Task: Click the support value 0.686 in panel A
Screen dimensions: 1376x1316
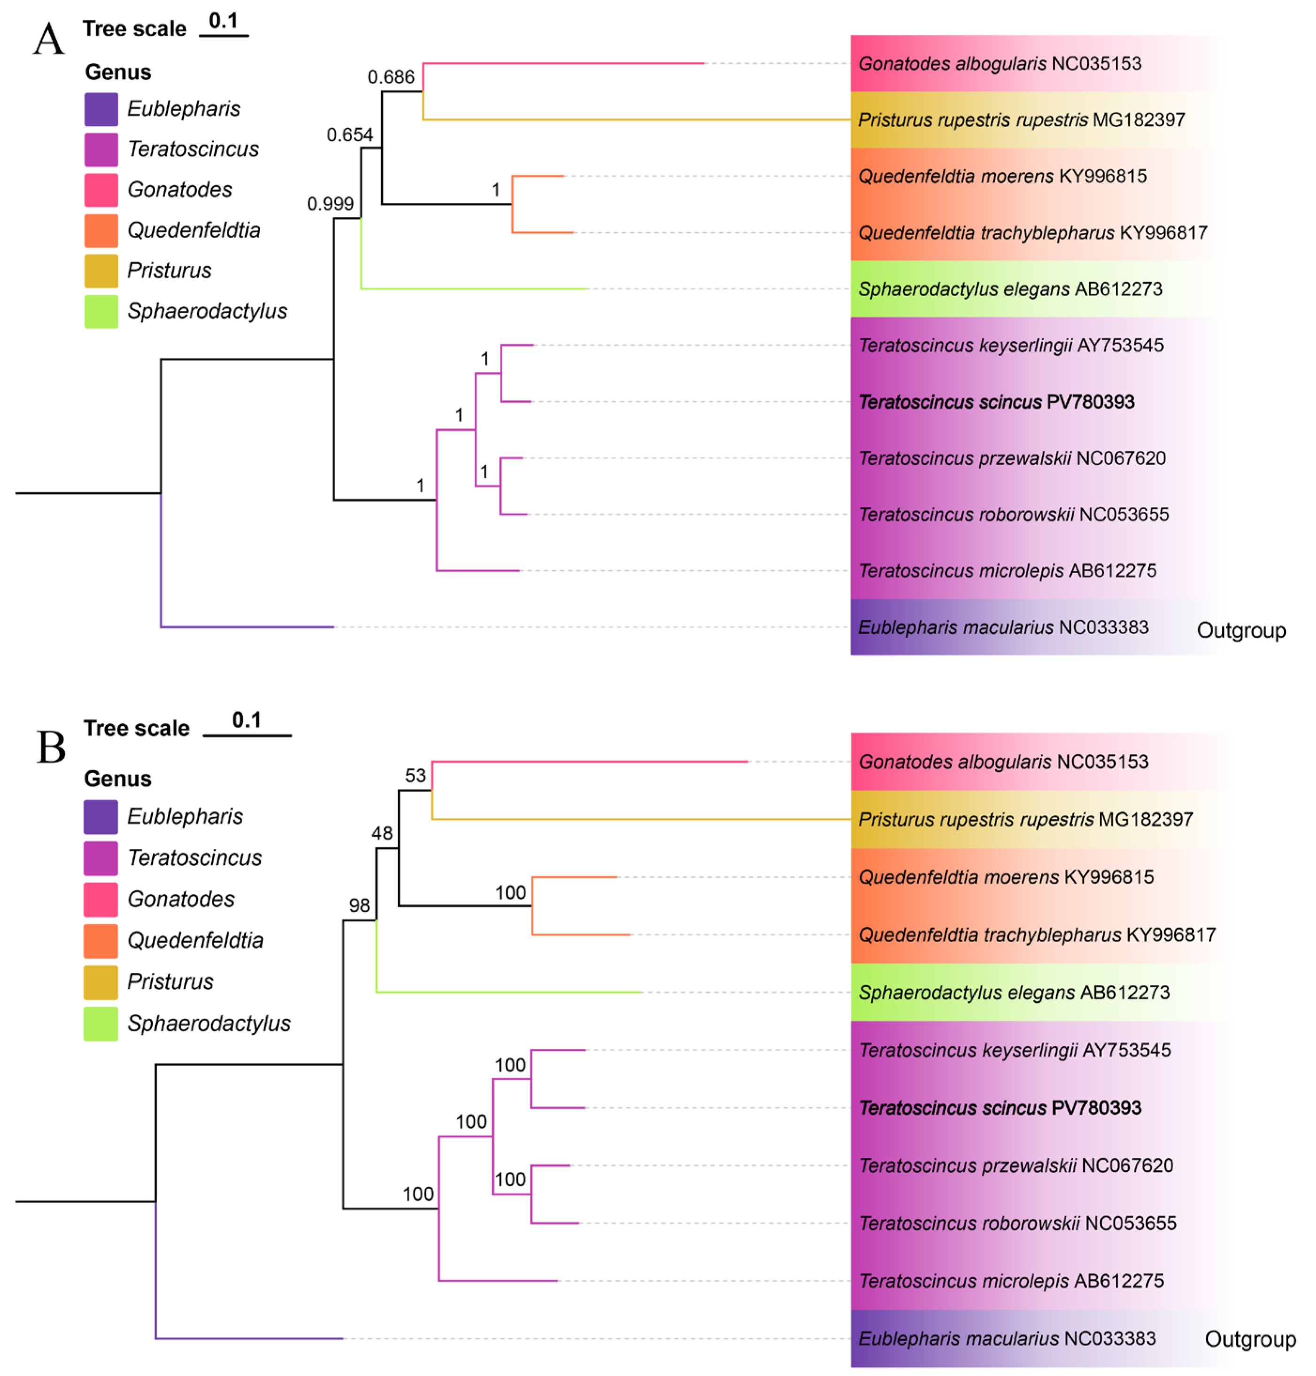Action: [391, 77]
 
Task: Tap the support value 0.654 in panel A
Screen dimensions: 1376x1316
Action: [349, 135]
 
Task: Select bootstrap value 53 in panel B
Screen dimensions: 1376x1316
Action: [416, 776]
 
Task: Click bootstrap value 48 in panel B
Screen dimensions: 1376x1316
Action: [382, 833]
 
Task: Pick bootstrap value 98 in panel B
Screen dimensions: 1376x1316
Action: [359, 906]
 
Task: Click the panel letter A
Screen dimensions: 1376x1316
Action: [48, 39]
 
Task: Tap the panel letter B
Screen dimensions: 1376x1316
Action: [51, 747]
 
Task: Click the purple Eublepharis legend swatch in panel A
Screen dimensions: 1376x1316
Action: [101, 109]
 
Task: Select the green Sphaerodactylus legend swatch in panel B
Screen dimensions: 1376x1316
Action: [101, 1024]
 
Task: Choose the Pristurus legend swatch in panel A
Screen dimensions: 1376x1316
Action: [101, 271]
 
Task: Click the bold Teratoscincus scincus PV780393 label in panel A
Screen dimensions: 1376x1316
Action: [996, 402]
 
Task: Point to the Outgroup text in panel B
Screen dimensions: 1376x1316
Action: [1250, 1339]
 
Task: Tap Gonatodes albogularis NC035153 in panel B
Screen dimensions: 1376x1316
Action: [1003, 761]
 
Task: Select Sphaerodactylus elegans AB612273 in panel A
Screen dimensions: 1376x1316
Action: [1010, 289]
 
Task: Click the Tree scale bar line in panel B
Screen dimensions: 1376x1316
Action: [247, 735]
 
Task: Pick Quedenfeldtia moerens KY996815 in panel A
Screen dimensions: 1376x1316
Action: [1002, 176]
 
